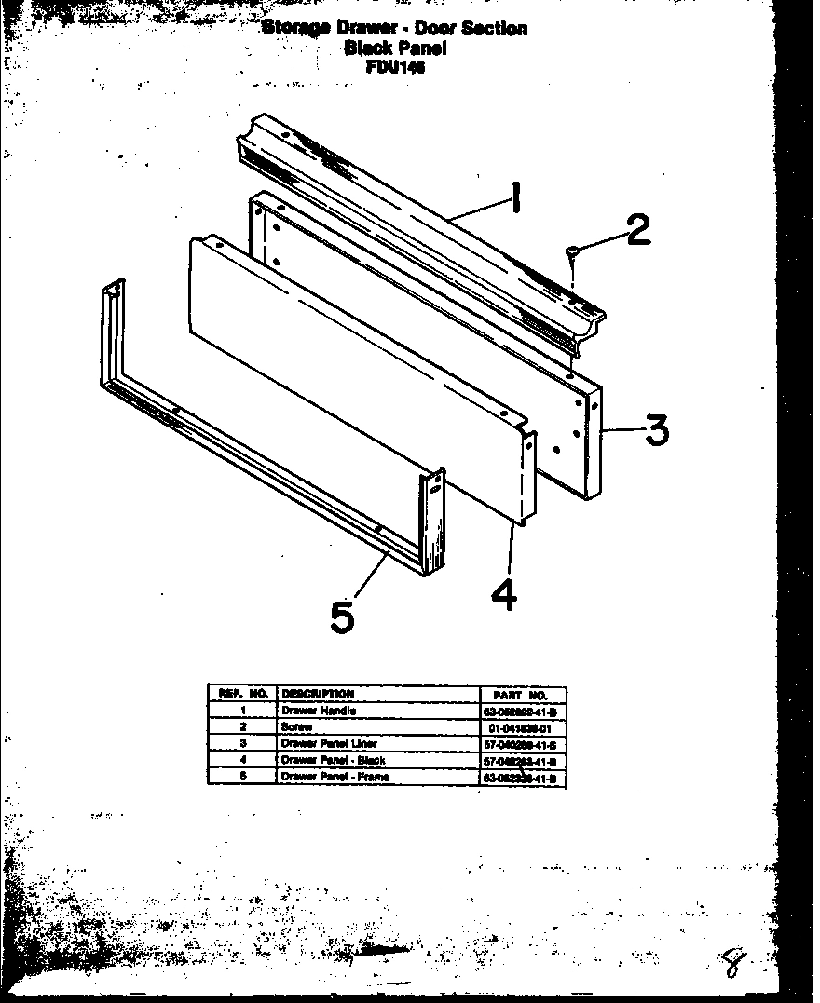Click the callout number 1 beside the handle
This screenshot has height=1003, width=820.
pos(513,198)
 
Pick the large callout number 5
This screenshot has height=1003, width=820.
pos(342,616)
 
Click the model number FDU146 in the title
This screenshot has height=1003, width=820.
pos(396,67)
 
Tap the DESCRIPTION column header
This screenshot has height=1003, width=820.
pos(318,694)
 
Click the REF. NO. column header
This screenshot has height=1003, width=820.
pos(242,694)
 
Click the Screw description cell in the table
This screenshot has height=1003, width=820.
pos(294,726)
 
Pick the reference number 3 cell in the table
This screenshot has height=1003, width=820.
pos(242,743)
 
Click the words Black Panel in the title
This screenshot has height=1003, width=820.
pos(395,47)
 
